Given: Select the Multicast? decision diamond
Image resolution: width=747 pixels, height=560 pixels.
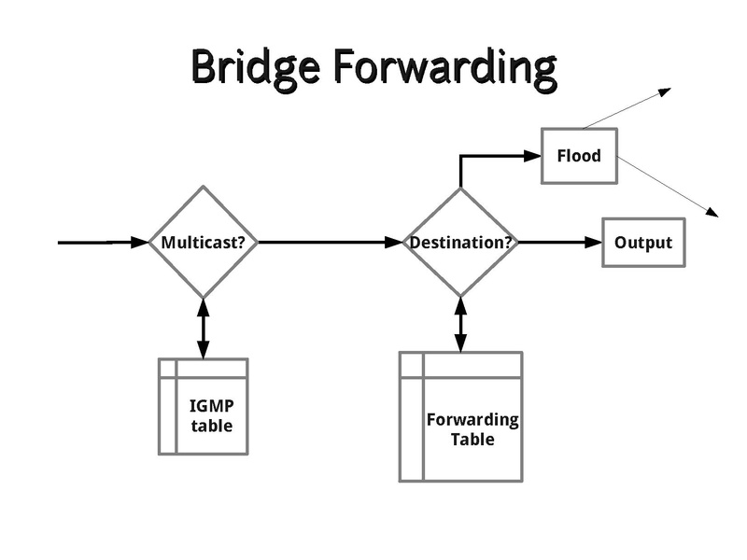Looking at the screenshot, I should (x=204, y=243).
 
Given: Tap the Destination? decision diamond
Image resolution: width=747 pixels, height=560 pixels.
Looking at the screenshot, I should (x=460, y=243).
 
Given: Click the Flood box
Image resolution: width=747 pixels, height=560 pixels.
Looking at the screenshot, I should (x=579, y=156).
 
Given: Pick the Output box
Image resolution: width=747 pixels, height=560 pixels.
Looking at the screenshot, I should (x=643, y=243).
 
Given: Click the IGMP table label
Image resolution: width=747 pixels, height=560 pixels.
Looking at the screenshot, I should (x=211, y=416).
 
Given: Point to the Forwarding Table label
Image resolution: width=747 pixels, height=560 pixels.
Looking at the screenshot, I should (x=472, y=429).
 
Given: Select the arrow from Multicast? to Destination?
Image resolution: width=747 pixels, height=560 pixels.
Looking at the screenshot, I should (x=327, y=243).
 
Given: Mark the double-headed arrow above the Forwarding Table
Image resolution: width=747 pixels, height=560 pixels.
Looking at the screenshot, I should (x=460, y=324).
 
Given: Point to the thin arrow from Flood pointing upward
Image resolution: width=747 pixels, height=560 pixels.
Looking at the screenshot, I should (x=626, y=108).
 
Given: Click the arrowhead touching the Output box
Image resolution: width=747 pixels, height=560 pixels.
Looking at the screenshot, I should (x=595, y=243).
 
